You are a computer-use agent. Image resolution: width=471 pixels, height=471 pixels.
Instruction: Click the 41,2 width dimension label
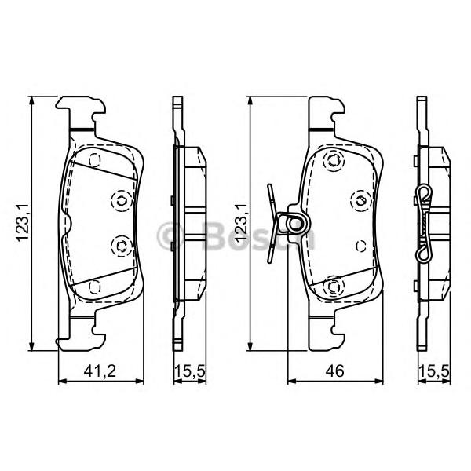(x=100, y=371)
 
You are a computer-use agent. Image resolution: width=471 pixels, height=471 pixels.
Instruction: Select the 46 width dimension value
(x=334, y=371)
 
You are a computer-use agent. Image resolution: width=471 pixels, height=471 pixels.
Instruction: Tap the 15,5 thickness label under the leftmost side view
(x=190, y=371)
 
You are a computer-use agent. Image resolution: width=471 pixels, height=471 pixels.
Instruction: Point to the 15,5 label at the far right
(x=434, y=371)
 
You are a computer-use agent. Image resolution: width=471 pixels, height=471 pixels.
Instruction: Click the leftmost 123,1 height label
(x=23, y=222)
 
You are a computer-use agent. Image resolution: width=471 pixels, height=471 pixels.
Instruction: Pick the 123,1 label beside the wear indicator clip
(x=241, y=222)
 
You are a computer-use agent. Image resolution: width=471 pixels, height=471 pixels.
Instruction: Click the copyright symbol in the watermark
(x=169, y=236)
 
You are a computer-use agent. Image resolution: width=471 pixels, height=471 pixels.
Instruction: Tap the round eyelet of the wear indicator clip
(x=294, y=224)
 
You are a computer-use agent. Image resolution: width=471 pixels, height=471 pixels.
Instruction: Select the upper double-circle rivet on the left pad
(x=122, y=200)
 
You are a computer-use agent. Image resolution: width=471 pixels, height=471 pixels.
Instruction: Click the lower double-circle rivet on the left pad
(x=122, y=246)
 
